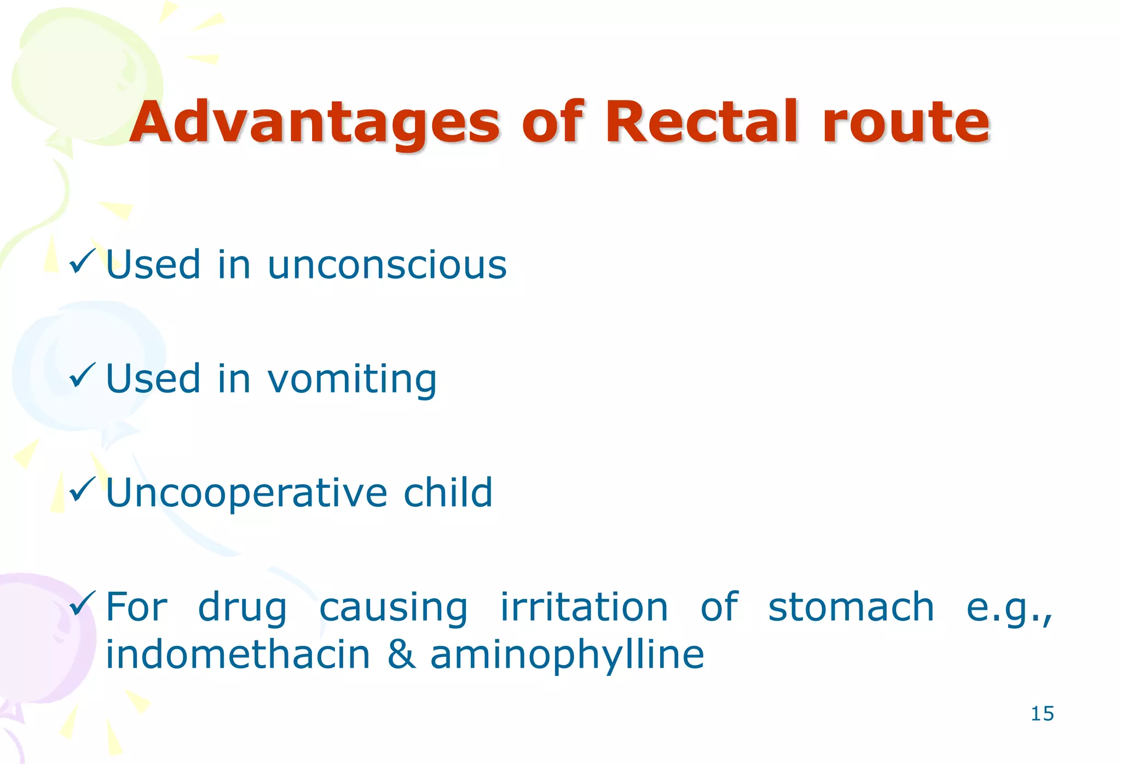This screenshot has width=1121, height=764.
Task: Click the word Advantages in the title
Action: [x=315, y=123]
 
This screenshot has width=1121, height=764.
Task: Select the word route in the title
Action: [x=906, y=123]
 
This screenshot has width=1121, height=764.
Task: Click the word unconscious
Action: [x=387, y=265]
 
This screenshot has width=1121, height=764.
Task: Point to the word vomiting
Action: [x=352, y=380]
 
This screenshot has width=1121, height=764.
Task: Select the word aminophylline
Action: [x=567, y=655]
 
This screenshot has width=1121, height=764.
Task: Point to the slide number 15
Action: [x=1042, y=714]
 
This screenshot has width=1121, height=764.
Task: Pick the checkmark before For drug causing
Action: [x=82, y=603]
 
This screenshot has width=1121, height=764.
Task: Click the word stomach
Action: [x=851, y=607]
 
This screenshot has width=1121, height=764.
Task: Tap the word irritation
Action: [x=584, y=607]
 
